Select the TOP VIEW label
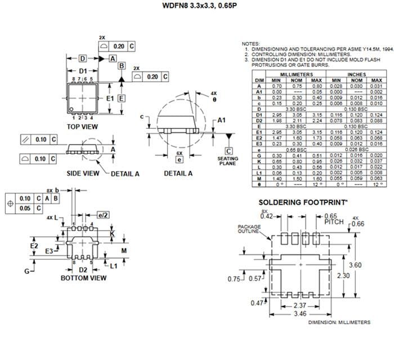pyautogui.click(x=83, y=127)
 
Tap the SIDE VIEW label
pyautogui.click(x=83, y=173)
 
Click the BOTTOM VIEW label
pyautogui.click(x=83, y=277)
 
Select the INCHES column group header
pyautogui.click(x=356, y=74)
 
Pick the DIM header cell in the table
pyautogui.click(x=259, y=80)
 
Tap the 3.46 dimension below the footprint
pyautogui.click(x=301, y=314)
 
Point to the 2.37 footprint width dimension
pyautogui.click(x=301, y=305)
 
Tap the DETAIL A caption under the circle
pyautogui.click(x=178, y=173)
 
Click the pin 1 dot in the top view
pyautogui.click(x=72, y=109)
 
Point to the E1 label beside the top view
pyautogui.click(x=110, y=98)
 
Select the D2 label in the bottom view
pyautogui.click(x=83, y=269)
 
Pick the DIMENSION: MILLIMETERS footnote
pyautogui.click(x=339, y=322)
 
